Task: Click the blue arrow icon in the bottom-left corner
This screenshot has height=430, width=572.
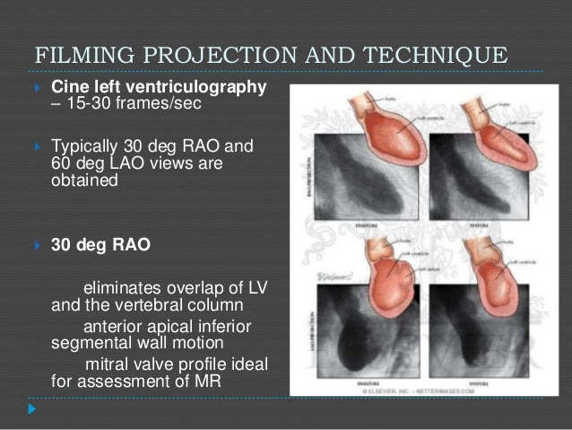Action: (34, 408)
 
